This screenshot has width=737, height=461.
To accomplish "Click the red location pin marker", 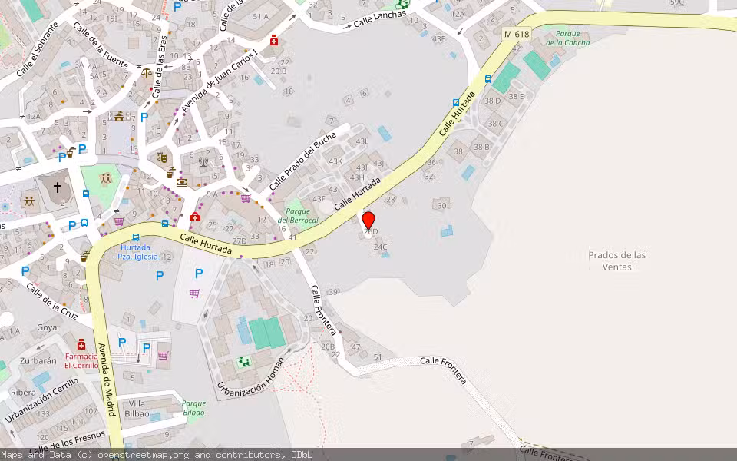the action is [x=368, y=221].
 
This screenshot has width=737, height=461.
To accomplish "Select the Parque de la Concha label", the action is [x=573, y=38].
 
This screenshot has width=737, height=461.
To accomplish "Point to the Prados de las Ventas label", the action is [x=617, y=261].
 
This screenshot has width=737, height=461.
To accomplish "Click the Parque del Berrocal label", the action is [x=298, y=216].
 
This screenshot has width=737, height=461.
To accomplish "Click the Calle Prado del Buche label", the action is [x=302, y=161].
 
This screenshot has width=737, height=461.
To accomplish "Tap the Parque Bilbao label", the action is [x=193, y=408].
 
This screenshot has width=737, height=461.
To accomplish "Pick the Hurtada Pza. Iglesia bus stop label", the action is [x=139, y=252].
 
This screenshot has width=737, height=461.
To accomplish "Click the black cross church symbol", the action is [x=57, y=187].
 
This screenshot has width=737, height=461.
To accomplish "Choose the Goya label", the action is [x=47, y=327].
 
